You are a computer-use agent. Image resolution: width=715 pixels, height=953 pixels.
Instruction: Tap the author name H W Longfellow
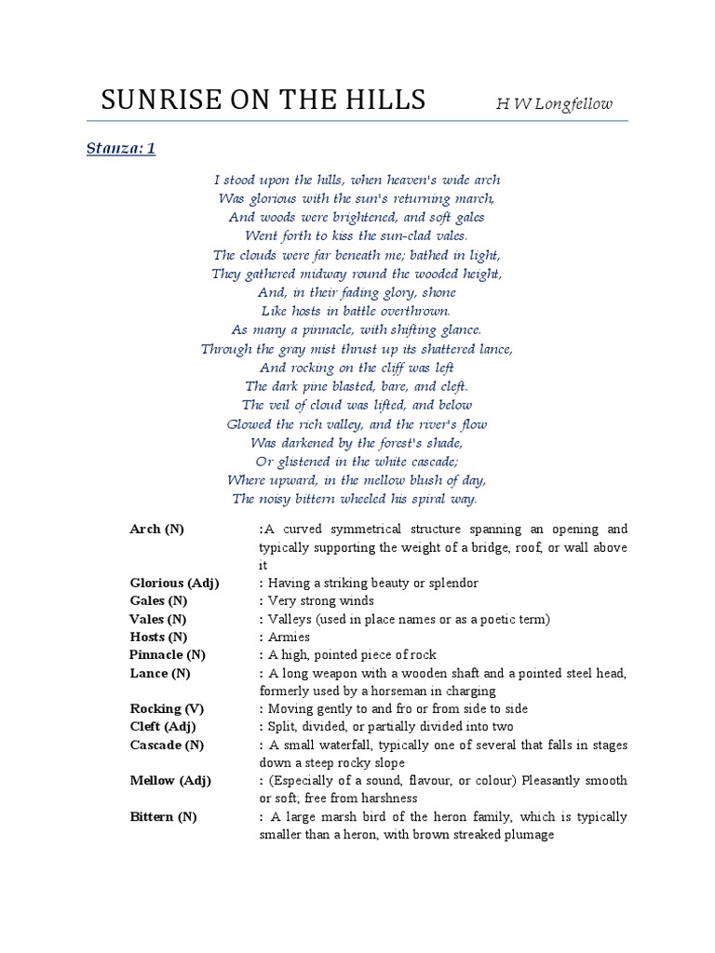point(554,104)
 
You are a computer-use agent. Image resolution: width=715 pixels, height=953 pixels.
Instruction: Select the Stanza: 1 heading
point(120,148)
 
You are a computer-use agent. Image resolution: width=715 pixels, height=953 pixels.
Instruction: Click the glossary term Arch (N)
point(156,530)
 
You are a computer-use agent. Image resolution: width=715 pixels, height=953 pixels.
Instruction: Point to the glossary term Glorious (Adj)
point(174,584)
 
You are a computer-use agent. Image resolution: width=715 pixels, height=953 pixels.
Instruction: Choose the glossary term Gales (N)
point(158,601)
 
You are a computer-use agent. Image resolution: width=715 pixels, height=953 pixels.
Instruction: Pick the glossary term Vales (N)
point(157,619)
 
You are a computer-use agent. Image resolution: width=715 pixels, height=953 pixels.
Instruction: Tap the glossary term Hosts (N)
point(158,637)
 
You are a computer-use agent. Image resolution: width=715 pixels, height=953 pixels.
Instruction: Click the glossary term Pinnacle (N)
point(168,655)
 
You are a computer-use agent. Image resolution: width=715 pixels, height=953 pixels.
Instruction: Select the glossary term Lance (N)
point(160,673)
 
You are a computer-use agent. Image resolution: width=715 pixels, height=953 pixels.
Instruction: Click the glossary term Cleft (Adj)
point(163,727)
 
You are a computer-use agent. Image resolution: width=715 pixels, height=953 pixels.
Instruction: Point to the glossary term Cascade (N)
point(167,745)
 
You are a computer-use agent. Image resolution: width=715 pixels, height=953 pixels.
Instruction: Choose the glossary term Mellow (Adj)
point(170,781)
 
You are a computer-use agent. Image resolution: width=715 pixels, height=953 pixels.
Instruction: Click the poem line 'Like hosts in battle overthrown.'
point(357,312)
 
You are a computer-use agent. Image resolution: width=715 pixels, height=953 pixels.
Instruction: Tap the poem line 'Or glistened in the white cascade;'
point(357,462)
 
